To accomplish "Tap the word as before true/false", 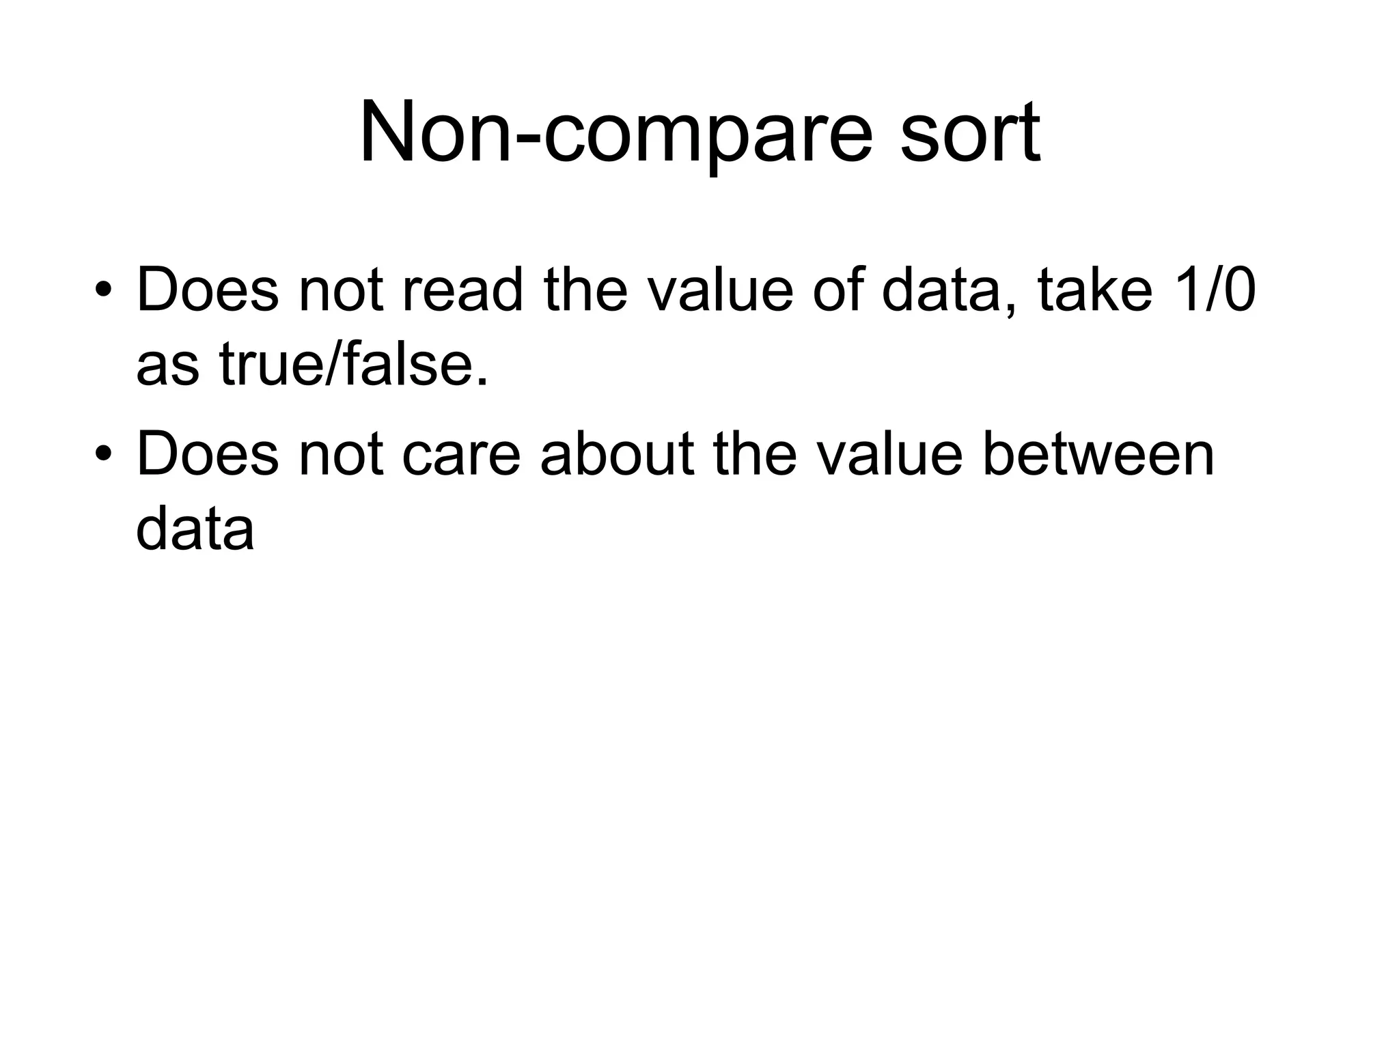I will click(167, 365).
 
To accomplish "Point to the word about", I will click(617, 453).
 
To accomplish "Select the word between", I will click(1098, 453).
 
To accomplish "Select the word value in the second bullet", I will click(889, 453).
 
